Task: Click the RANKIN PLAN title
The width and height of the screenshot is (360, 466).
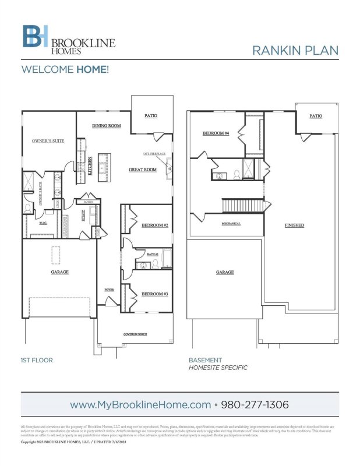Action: pyautogui.click(x=295, y=50)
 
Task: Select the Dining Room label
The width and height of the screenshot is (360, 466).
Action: pyautogui.click(x=106, y=126)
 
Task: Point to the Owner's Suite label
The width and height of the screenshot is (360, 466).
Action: pyautogui.click(x=48, y=141)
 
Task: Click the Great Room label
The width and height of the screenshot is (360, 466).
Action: pyautogui.click(x=143, y=170)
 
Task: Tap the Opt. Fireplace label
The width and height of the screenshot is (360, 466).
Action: pyautogui.click(x=154, y=154)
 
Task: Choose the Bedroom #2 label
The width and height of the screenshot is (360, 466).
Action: pyautogui.click(x=154, y=225)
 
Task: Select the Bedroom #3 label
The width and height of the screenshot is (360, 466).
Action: pyautogui.click(x=154, y=294)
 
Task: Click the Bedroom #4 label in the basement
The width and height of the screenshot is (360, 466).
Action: pyautogui.click(x=216, y=133)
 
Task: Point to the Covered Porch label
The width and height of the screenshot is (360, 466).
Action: pyautogui.click(x=134, y=334)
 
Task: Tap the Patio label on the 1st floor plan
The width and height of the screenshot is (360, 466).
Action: pyautogui.click(x=151, y=116)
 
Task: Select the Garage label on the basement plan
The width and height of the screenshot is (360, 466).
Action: pyautogui.click(x=225, y=272)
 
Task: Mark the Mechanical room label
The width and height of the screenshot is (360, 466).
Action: pyautogui.click(x=231, y=224)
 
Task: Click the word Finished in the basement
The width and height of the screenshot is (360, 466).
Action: pyautogui.click(x=294, y=225)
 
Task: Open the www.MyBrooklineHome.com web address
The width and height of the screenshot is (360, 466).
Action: pyautogui.click(x=140, y=404)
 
